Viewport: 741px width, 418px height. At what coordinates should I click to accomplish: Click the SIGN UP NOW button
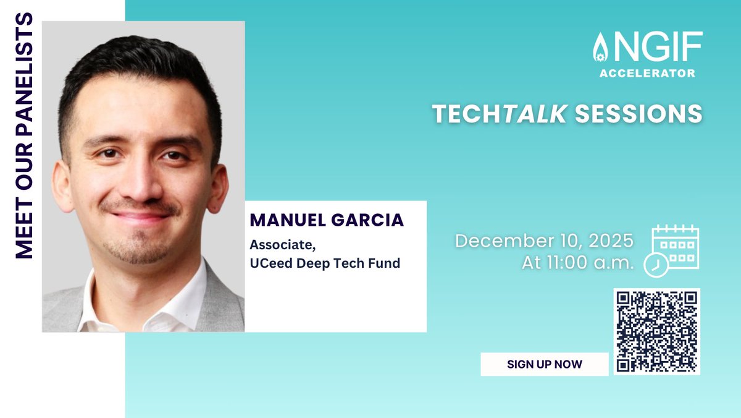click(544, 364)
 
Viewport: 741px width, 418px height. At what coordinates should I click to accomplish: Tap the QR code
click(656, 331)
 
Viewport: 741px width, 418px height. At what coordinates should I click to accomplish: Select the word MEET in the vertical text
click(23, 232)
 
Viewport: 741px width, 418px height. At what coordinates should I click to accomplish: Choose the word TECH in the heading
click(466, 114)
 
